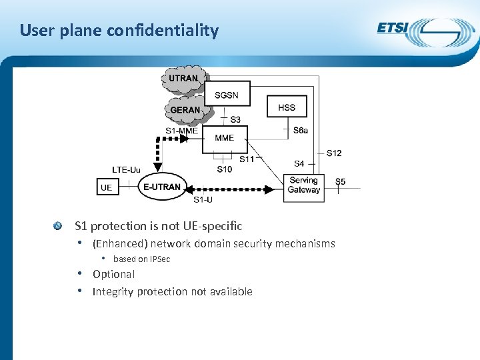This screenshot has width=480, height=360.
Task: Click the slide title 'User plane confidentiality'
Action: [x=119, y=31]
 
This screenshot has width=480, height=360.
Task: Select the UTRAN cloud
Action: [x=183, y=79]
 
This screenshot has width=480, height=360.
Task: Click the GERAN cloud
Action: [x=185, y=109]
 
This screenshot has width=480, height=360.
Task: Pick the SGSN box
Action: [x=227, y=95]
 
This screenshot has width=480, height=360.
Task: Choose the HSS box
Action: [x=287, y=107]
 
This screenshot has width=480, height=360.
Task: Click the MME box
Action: [x=225, y=138]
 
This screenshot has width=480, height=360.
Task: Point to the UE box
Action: [x=106, y=187]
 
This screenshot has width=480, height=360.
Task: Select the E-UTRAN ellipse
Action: [x=162, y=187]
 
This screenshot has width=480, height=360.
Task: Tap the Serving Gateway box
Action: [x=303, y=185]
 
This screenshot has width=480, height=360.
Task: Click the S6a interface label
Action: [x=301, y=131]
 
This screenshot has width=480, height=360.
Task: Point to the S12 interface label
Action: [x=334, y=153]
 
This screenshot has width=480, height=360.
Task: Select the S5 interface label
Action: [x=340, y=181]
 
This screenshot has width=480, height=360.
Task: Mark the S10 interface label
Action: [x=225, y=169]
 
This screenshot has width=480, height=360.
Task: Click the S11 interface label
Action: [x=247, y=159]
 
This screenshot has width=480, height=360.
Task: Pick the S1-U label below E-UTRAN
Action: [x=203, y=199]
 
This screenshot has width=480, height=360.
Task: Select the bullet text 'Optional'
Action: [x=113, y=274]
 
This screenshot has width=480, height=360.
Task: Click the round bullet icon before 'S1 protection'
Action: [x=59, y=226]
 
